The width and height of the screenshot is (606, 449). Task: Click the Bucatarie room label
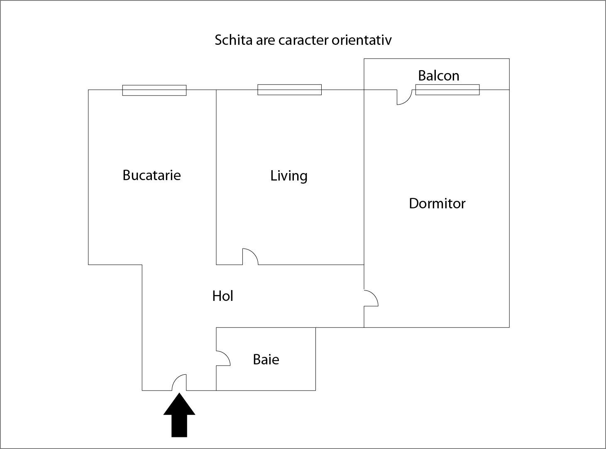151,175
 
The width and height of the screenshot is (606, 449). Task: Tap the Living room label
289,176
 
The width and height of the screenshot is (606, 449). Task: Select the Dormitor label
437,203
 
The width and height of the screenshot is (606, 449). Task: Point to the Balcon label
438,76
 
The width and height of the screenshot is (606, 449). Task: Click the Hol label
222,296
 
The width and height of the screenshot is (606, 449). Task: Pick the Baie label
266,359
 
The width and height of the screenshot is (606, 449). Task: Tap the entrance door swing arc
178,380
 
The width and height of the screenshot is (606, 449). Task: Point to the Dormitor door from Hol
373,296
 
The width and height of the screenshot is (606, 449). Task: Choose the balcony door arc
406,99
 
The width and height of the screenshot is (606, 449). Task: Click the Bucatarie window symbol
154,90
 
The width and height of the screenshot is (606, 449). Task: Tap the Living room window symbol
289,90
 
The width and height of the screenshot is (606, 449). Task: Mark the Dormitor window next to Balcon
447,90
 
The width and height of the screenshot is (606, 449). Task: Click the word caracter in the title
304,40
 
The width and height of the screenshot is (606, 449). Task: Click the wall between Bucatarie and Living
216,174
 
